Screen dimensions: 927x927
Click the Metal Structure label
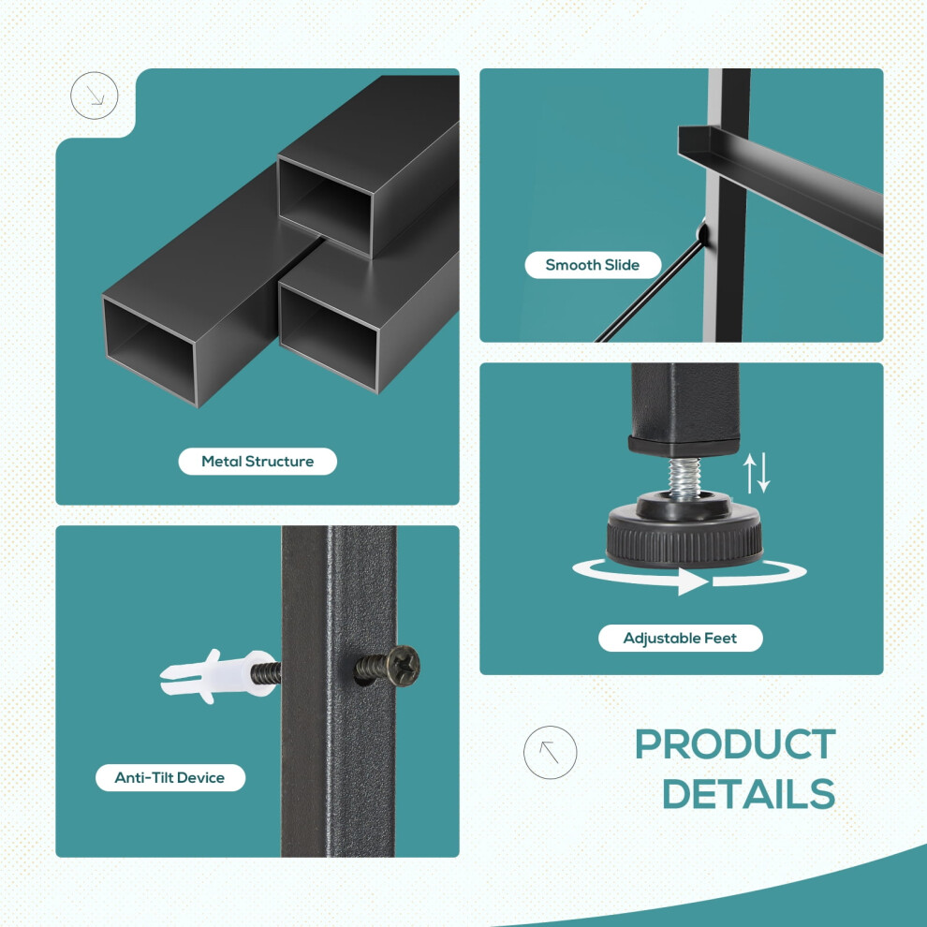(257, 461)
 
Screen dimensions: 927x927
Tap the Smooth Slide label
(593, 265)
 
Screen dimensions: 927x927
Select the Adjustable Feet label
(681, 638)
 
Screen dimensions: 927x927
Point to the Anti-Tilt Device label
(170, 777)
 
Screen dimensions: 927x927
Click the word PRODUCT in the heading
(735, 744)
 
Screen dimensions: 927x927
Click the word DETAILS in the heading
(748, 793)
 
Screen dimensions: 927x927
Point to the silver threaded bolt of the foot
(684, 478)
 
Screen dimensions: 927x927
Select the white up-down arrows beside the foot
(757, 472)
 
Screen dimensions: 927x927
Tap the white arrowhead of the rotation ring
(693, 581)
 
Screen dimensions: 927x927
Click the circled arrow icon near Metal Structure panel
(94, 96)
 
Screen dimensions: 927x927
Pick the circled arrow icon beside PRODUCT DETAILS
(550, 752)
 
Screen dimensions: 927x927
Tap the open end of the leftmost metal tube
(150, 350)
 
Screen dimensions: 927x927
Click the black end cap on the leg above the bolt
(684, 446)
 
